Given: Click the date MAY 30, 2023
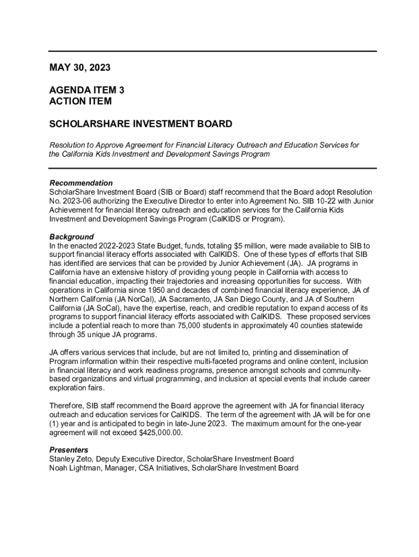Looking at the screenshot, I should click(x=80, y=68).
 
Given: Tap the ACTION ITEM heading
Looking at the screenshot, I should click(x=81, y=101).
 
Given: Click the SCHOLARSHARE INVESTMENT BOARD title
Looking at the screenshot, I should click(x=141, y=124).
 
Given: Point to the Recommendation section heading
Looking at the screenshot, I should click(x=81, y=183).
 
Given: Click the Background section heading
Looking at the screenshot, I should click(x=72, y=237).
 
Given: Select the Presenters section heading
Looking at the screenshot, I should click(x=69, y=450).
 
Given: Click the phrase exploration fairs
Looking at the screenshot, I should click(x=77, y=388).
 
